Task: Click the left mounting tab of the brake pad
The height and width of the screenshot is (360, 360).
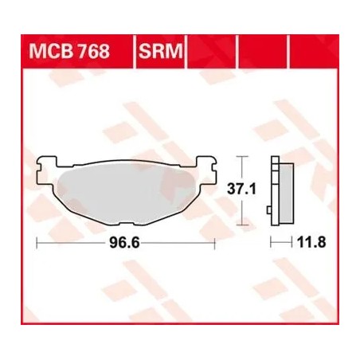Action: [45, 167]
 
